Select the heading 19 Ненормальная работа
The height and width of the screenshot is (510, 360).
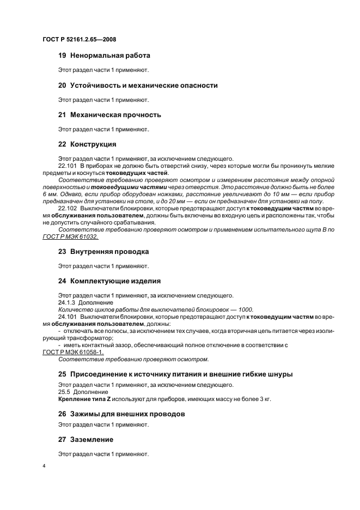(x=104, y=56)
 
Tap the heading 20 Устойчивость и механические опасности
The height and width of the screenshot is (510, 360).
(x=138, y=86)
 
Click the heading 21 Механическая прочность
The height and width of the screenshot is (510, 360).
(x=109, y=115)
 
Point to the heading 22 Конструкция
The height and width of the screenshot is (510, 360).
(x=87, y=144)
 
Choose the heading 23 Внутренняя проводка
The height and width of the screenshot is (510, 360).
(x=103, y=252)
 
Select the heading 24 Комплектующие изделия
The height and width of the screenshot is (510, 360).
(x=109, y=281)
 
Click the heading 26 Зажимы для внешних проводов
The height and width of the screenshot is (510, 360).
(x=121, y=414)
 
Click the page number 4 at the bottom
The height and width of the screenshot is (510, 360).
(x=44, y=466)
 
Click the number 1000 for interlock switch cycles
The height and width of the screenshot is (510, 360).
(x=246, y=309)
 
